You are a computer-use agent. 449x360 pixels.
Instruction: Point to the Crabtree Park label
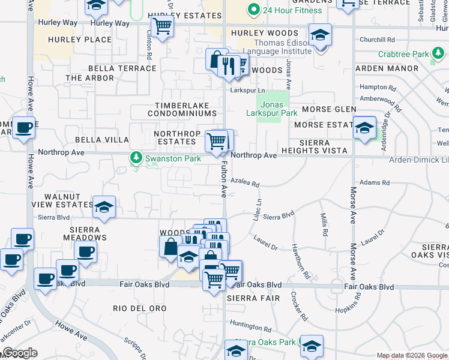[x=403, y=54]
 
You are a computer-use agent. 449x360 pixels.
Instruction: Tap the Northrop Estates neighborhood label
[x=175, y=137]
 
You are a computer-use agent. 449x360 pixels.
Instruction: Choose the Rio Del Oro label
[x=139, y=308]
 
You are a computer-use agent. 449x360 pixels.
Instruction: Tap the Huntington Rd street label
[x=250, y=328]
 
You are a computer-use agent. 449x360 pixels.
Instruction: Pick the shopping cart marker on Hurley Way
[x=162, y=27]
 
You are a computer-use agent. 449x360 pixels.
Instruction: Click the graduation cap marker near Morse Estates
[x=364, y=128]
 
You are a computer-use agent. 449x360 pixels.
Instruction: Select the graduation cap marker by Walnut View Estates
[x=104, y=208]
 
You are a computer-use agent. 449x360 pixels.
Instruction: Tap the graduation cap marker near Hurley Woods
[x=320, y=35]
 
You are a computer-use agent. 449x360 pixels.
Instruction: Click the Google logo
[x=19, y=353]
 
